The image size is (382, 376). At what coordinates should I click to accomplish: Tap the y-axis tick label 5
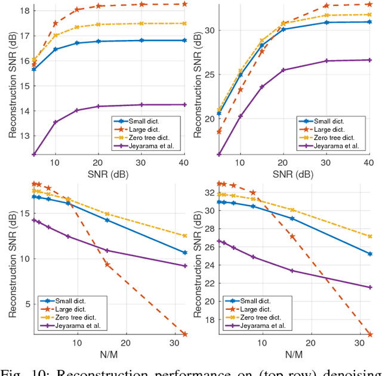(26, 304)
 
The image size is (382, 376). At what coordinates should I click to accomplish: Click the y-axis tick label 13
(23, 136)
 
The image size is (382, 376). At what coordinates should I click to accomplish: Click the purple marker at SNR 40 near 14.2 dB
(184, 104)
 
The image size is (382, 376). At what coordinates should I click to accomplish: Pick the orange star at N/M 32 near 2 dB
(184, 334)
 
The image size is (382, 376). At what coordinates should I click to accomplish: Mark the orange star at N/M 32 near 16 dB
(369, 334)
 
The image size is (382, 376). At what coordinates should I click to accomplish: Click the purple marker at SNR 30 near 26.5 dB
(343, 61)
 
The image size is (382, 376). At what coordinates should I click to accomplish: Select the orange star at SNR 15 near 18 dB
(77, 10)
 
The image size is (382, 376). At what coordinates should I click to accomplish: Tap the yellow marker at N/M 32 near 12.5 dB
(184, 236)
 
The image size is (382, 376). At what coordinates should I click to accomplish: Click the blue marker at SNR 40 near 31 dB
(369, 21)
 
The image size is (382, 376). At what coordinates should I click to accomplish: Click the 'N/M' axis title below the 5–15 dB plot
(105, 353)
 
